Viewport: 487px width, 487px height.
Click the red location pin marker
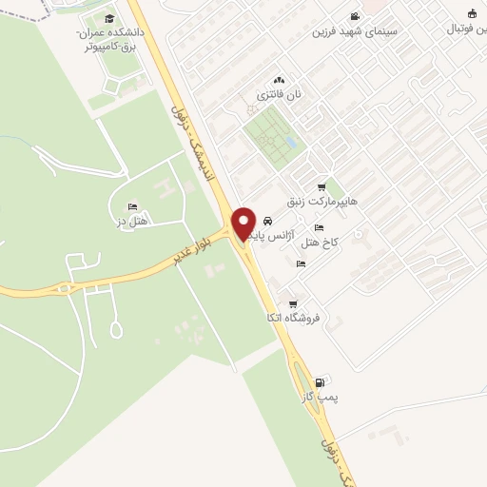(x=243, y=223)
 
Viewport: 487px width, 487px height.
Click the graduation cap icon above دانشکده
(x=108, y=19)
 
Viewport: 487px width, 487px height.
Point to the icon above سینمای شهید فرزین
(x=355, y=16)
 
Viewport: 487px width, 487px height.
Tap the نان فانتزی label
(x=277, y=95)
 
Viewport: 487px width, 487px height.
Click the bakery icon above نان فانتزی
(x=279, y=81)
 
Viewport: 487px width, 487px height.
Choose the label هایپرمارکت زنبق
(x=326, y=202)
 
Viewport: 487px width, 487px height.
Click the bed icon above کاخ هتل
(x=318, y=228)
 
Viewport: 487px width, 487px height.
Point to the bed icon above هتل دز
(x=131, y=206)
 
